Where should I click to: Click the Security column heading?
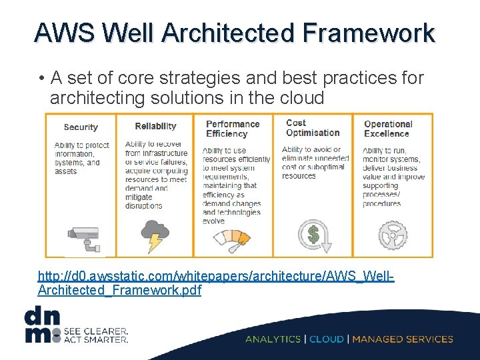click(x=81, y=127)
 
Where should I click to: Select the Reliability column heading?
click(x=155, y=127)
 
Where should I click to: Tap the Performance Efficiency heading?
click(x=232, y=129)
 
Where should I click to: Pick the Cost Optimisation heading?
click(x=313, y=127)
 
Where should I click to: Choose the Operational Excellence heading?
click(x=388, y=129)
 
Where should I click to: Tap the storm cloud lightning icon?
click(x=154, y=236)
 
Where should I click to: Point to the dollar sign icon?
click(x=313, y=235)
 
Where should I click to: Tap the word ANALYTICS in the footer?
click(x=273, y=339)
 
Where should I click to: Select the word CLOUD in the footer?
click(x=327, y=339)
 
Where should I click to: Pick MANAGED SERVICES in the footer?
click(x=403, y=339)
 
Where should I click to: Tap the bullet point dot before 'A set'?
click(x=41, y=79)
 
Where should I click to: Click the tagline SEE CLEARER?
click(x=97, y=330)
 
